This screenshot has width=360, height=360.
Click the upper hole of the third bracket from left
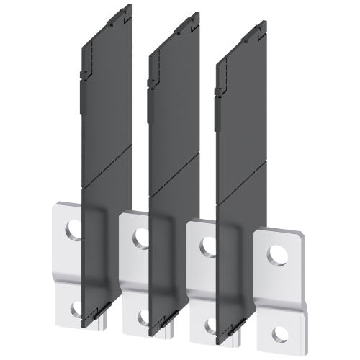[x=208, y=243]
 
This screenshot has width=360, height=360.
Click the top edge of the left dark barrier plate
[x=108, y=32]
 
